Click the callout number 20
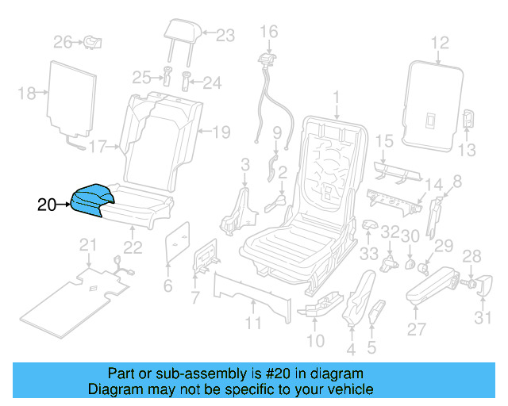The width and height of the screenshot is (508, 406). pyautogui.click(x=48, y=205)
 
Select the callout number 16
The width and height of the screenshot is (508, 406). pyautogui.click(x=269, y=32)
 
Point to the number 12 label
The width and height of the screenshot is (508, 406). pyautogui.click(x=440, y=44)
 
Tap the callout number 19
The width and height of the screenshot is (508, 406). pyautogui.click(x=221, y=131)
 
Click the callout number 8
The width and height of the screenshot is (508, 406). pyautogui.click(x=456, y=183)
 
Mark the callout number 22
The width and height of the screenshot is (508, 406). pyautogui.click(x=133, y=247)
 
